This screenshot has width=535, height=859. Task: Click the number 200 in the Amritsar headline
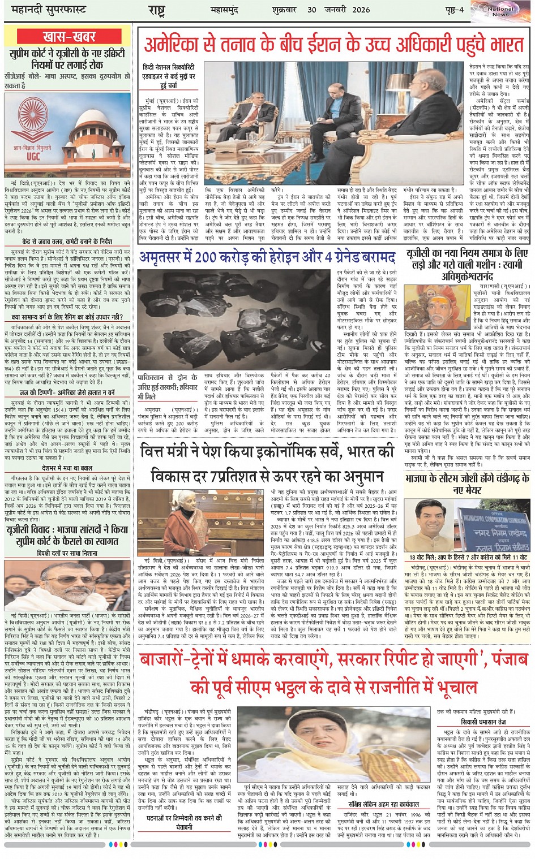[213, 257]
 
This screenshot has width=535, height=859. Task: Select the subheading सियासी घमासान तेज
[483, 722]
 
